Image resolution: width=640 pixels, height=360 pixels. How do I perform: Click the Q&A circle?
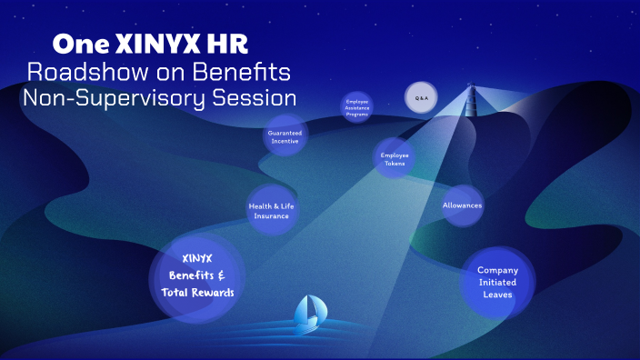[x=420, y=97]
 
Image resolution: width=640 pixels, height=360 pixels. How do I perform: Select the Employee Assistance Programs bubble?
[x=356, y=105]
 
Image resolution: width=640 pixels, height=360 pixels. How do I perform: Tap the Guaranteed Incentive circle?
[x=285, y=136]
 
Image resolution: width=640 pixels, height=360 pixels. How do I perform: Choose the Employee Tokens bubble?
[x=395, y=158]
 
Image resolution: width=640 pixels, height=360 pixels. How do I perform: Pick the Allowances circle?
[x=462, y=205]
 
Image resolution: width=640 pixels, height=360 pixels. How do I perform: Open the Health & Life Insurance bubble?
[x=271, y=210]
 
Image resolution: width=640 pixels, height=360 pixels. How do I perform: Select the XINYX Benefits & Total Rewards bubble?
[x=197, y=275]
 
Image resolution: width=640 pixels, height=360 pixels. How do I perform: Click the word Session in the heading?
[x=256, y=96]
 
